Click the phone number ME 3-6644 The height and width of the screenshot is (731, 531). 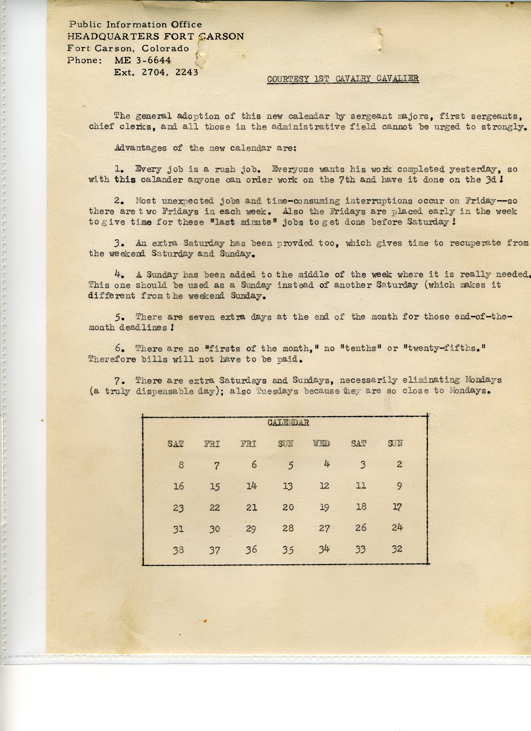[x=142, y=60]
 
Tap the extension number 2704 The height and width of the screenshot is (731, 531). [x=154, y=72]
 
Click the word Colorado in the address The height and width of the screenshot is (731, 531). [x=165, y=48]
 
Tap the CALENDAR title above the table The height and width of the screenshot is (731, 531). [x=288, y=422]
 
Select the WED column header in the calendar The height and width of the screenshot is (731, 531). [x=321, y=444]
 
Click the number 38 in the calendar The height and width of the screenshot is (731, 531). [x=178, y=550]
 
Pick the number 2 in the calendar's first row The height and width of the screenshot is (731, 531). [x=399, y=464]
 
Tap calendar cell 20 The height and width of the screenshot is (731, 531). [x=288, y=507]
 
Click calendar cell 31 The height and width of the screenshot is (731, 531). [x=178, y=528]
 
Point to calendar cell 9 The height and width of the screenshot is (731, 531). [x=399, y=486]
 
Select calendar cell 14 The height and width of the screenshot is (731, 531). [x=251, y=486]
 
